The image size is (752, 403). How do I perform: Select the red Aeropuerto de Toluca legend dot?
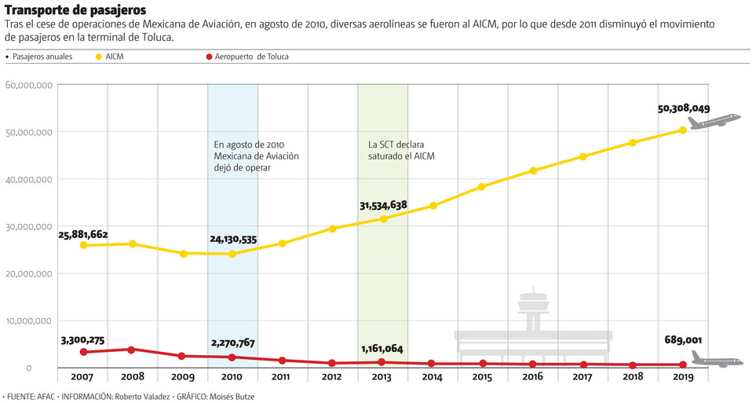pyautogui.click(x=207, y=57)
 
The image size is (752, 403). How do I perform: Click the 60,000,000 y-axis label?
pyautogui.click(x=28, y=85)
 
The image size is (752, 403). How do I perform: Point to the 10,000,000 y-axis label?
pyautogui.click(x=28, y=321)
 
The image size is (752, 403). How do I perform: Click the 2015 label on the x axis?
pyautogui.click(x=482, y=378)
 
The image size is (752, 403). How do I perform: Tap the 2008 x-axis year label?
pyautogui.click(x=133, y=378)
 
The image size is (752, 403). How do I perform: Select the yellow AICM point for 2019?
pyautogui.click(x=682, y=130)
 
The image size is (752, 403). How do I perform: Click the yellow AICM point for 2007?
pyautogui.click(x=83, y=245)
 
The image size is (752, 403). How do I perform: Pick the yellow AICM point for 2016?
pyautogui.click(x=532, y=170)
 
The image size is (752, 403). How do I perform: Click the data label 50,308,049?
pyautogui.click(x=684, y=109)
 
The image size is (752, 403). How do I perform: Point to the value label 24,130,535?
pyautogui.click(x=233, y=240)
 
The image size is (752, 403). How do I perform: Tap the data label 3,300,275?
pyautogui.click(x=82, y=340)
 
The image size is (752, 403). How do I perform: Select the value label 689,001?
pyautogui.click(x=680, y=340)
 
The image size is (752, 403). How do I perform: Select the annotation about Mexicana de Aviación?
pyautogui.click(x=256, y=156)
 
